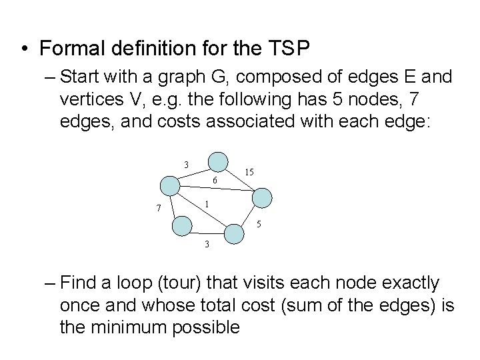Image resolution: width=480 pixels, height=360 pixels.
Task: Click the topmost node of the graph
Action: click(x=217, y=161)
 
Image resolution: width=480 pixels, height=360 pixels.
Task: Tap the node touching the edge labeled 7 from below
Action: click(x=182, y=226)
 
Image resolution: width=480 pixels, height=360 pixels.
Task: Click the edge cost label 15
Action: click(x=248, y=173)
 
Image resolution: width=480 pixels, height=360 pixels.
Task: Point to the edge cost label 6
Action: click(x=214, y=181)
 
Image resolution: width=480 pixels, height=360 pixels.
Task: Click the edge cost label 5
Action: click(x=259, y=223)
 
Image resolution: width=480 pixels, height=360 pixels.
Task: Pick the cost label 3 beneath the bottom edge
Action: click(x=207, y=244)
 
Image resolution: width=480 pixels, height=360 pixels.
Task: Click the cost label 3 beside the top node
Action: click(x=187, y=164)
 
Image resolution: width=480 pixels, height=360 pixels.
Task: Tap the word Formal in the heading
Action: click(x=69, y=49)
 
